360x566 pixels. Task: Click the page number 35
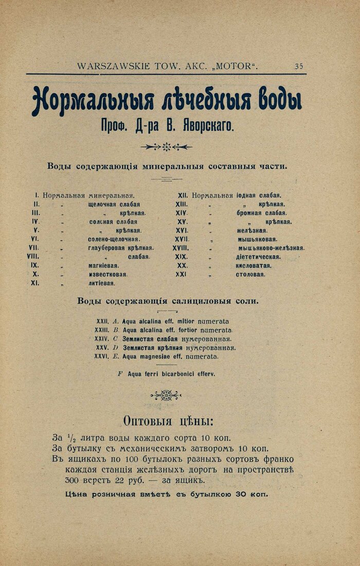click(299, 66)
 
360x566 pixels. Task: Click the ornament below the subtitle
click(166, 147)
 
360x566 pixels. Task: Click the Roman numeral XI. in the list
click(36, 283)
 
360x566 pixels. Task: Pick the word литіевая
click(101, 283)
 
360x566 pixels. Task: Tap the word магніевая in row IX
click(103, 266)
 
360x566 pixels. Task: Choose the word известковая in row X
click(107, 274)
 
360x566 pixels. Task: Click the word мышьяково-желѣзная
click(271, 248)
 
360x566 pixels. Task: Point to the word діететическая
click(258, 257)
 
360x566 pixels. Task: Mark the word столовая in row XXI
click(251, 274)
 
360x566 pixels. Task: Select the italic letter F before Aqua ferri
click(120, 374)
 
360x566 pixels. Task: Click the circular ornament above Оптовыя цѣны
click(166, 395)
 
